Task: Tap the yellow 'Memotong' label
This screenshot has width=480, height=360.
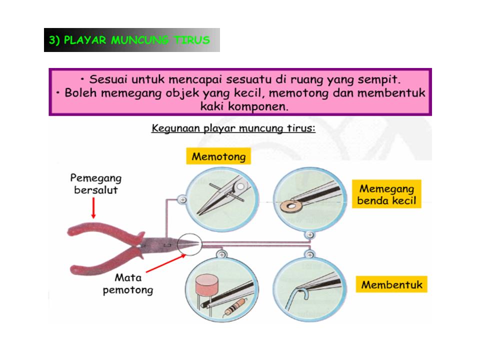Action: click(x=219, y=156)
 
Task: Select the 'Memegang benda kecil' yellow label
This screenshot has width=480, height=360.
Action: click(x=386, y=195)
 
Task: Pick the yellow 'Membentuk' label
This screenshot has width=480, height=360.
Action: click(x=391, y=285)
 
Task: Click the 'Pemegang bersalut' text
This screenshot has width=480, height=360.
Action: click(x=95, y=183)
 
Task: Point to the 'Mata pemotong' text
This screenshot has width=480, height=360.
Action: click(x=127, y=283)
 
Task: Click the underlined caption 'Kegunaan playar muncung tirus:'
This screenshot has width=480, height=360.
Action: click(x=233, y=129)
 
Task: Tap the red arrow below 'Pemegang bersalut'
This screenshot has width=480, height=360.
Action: click(x=93, y=207)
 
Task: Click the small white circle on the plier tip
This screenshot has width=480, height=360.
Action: click(x=190, y=243)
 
